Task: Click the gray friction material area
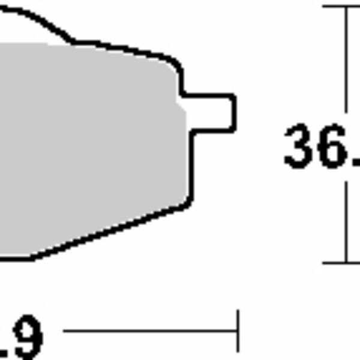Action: pos(90,144)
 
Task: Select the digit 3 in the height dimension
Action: pos(301,146)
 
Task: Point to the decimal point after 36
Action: pos(356,162)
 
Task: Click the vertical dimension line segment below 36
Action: pos(347,222)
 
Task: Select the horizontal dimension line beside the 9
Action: pos(150,330)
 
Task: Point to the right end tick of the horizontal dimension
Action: pos(238,330)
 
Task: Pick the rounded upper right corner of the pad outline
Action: pos(175,62)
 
